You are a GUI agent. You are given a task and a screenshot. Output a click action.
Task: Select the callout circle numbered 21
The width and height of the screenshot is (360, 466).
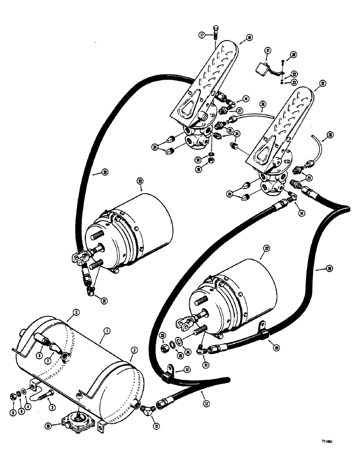pyautogui.click(x=268, y=50)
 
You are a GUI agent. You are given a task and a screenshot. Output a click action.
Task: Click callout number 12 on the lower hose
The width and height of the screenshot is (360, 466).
pyautogui.click(x=201, y=395)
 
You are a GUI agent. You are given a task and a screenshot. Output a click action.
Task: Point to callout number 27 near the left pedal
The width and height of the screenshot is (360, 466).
pyautogui.click(x=240, y=111)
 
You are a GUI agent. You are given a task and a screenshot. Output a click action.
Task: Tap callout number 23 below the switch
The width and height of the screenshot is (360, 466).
pyautogui.click(x=294, y=82)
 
